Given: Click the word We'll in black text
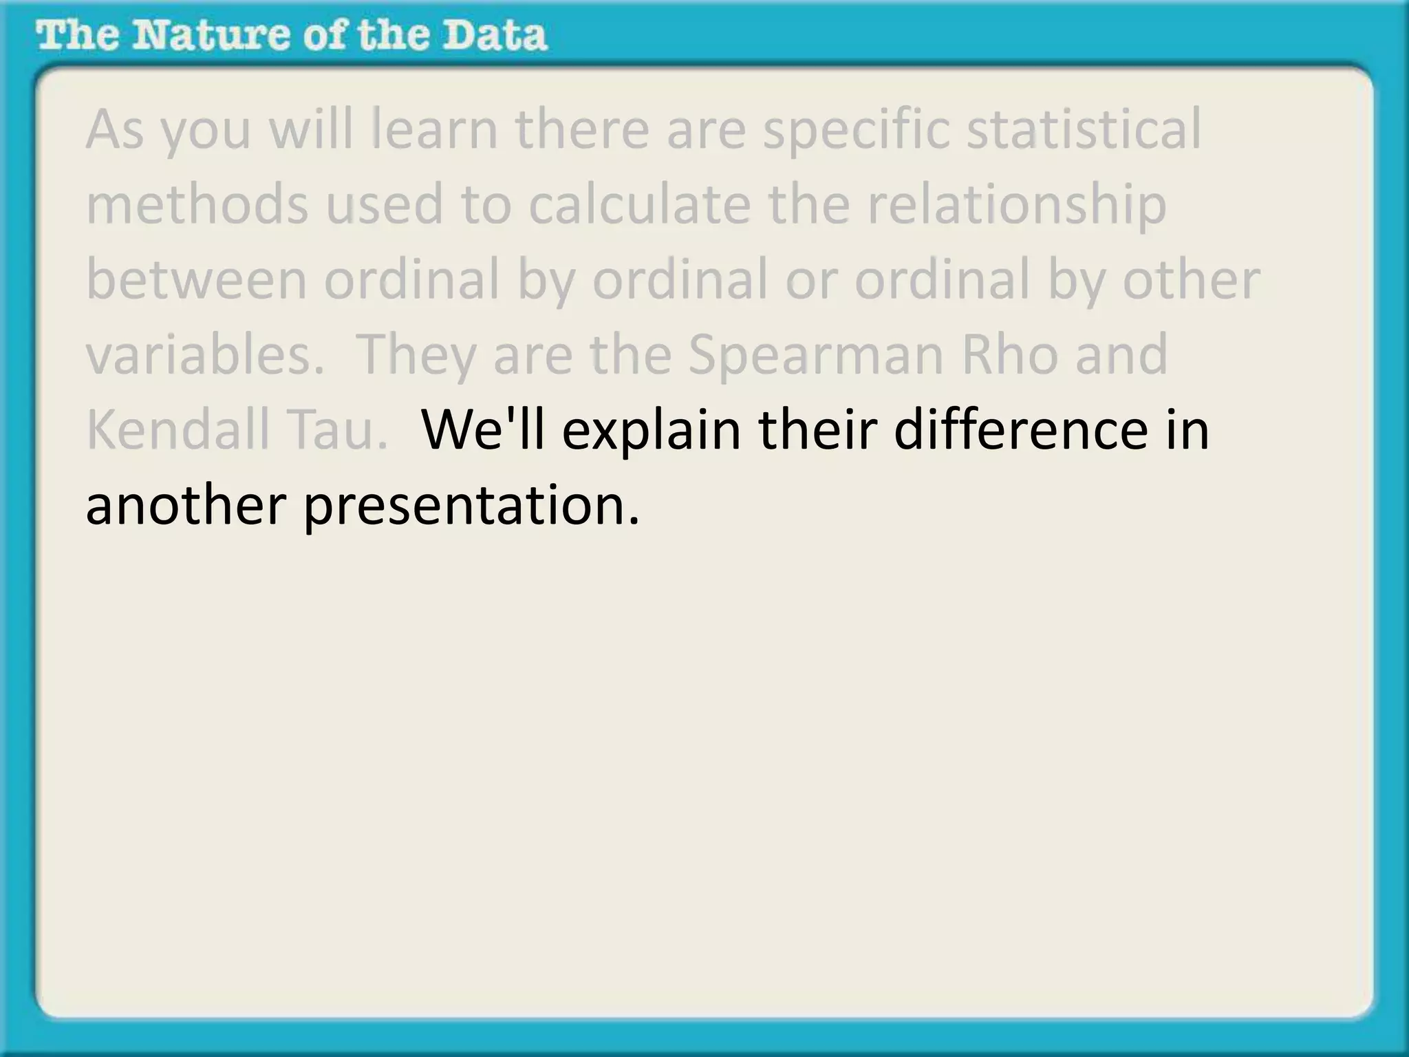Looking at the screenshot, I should click(482, 429).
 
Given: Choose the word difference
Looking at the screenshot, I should click(1021, 429).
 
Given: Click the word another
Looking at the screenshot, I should click(186, 505).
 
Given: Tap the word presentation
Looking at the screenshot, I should click(471, 505).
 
